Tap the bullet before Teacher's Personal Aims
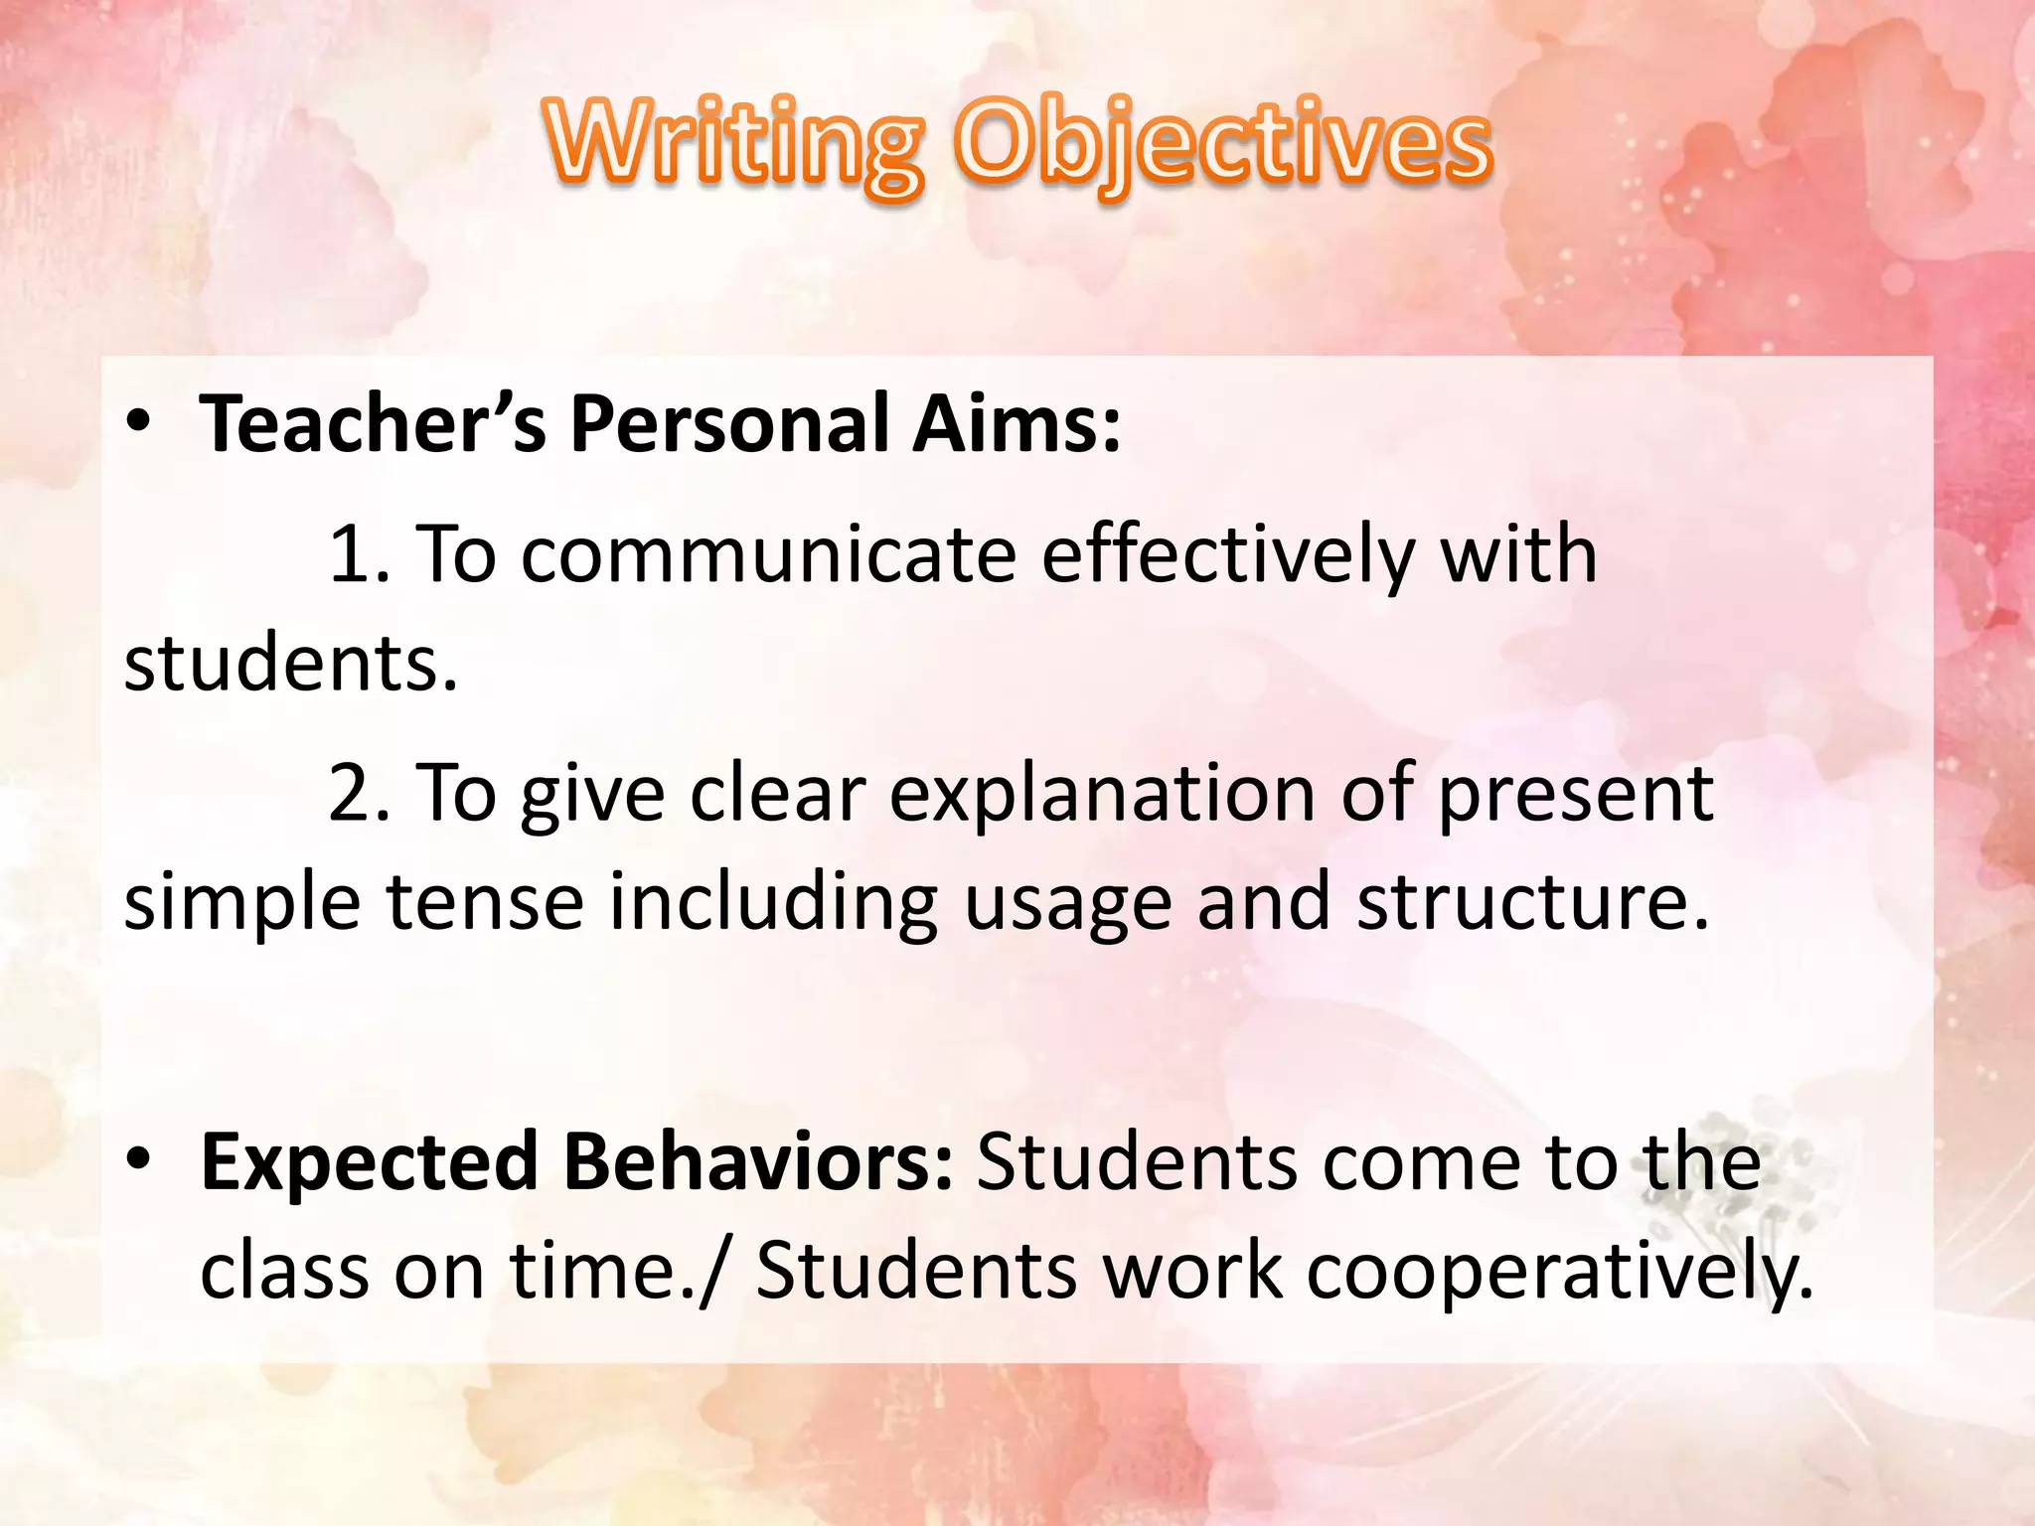point(138,422)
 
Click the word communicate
point(769,554)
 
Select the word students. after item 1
point(290,664)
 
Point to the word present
point(1576,796)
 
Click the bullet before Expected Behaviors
point(138,1158)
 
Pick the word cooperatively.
point(1559,1273)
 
